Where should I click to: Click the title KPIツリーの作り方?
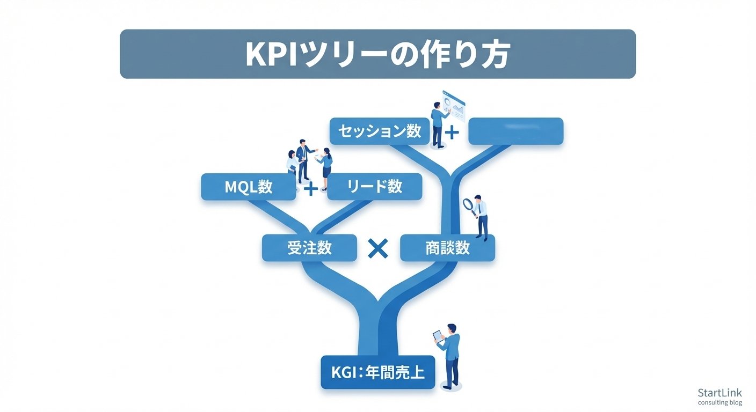(x=377, y=54)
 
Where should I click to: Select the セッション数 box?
(x=379, y=131)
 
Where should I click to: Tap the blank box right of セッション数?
(x=515, y=131)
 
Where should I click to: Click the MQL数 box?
(x=248, y=187)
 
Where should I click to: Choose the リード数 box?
(x=374, y=187)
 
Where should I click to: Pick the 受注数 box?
(x=309, y=248)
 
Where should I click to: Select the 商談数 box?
(x=447, y=248)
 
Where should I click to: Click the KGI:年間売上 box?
(x=377, y=372)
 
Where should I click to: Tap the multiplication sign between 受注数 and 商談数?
(x=379, y=248)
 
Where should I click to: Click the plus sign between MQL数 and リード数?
(x=311, y=188)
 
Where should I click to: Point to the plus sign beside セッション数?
(x=452, y=132)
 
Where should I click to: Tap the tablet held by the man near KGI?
(x=439, y=336)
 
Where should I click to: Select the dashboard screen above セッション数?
(x=454, y=105)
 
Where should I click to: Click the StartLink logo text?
(x=719, y=393)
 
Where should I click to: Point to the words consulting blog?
(x=719, y=403)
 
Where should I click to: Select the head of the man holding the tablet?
(x=452, y=328)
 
